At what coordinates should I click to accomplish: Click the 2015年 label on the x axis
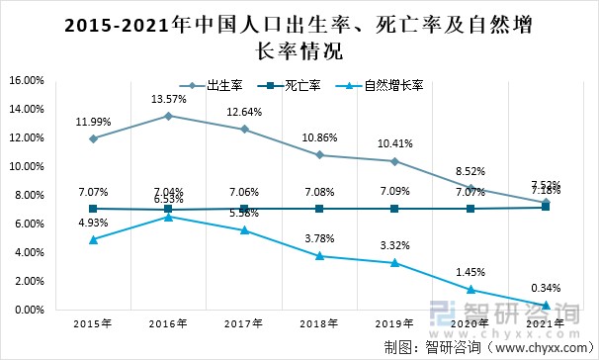(93, 323)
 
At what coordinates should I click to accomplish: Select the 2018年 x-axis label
(318, 323)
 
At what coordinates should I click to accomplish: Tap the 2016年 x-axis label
(168, 323)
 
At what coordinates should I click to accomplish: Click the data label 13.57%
(169, 99)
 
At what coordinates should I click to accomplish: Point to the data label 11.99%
(93, 122)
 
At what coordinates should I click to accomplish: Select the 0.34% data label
(545, 288)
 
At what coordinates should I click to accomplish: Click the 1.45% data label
(470, 272)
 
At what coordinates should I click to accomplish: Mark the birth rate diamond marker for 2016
(169, 116)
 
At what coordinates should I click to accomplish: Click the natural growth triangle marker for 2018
(319, 255)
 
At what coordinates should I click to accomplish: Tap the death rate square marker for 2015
(93, 209)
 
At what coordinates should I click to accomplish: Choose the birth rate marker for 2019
(394, 161)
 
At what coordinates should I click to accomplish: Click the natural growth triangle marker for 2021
(545, 305)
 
